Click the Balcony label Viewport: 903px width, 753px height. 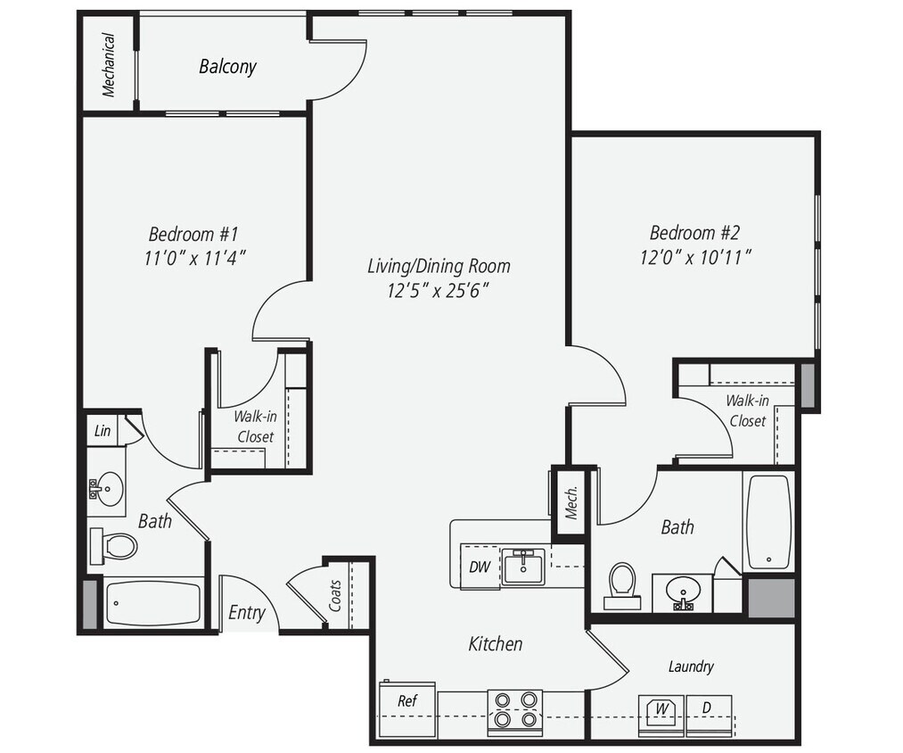227,66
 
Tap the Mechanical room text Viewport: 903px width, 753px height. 109,64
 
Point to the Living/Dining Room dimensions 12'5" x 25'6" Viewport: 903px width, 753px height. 439,290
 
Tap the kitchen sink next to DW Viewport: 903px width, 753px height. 523,567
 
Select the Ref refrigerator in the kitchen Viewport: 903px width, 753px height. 407,701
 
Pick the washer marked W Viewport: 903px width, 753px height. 662,712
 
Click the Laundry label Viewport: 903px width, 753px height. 691,666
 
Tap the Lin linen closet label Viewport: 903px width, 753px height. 103,431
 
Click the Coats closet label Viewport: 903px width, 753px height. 336,595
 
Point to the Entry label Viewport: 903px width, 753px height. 247,613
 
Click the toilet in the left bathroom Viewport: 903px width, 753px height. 116,543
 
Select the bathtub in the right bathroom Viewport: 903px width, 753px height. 768,523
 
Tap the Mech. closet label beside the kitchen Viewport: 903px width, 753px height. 571,503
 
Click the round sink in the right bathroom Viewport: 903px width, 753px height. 684,592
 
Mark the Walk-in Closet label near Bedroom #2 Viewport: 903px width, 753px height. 747,410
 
